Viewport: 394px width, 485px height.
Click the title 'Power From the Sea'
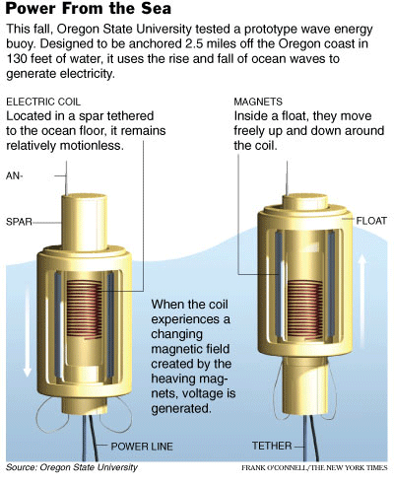click(x=89, y=8)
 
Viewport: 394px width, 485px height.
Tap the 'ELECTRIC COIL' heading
click(x=43, y=102)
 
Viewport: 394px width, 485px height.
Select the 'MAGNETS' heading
click(x=258, y=102)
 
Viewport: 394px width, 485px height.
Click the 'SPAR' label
click(x=19, y=222)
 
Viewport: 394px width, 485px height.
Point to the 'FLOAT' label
click(x=371, y=221)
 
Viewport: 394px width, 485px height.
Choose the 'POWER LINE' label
click(x=142, y=447)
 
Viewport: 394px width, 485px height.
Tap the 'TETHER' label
click(x=272, y=446)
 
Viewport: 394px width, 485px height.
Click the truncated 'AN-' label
click(x=15, y=175)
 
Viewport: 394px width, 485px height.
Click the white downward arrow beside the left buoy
click(x=28, y=332)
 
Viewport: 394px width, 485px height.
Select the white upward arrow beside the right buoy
click(x=362, y=298)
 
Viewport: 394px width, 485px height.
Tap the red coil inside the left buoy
click(x=85, y=310)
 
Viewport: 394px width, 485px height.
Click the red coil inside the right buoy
click(x=305, y=308)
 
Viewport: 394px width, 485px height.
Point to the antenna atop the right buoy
click(x=288, y=178)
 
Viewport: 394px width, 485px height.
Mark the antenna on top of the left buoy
click(x=67, y=178)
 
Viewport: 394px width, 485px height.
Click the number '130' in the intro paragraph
click(x=17, y=59)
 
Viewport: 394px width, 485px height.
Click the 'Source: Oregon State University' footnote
click(x=72, y=467)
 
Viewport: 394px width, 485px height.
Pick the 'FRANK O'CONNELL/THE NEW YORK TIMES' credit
click(x=314, y=467)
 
